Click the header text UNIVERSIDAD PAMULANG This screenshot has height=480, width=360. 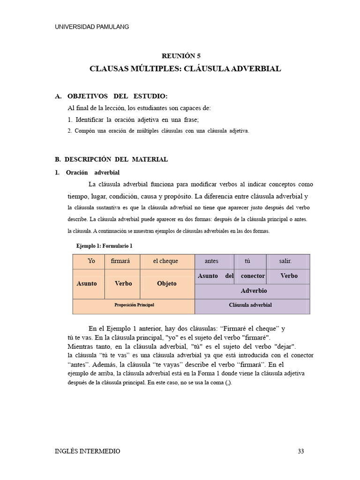(92, 27)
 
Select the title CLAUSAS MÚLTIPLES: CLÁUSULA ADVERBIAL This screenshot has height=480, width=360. (185, 69)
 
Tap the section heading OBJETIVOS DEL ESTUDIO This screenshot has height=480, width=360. (117, 96)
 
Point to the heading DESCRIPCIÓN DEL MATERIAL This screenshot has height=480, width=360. (116, 159)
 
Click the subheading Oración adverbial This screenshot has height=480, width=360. (93, 172)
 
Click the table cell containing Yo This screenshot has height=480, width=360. (91, 261)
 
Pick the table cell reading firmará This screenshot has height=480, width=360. (120, 261)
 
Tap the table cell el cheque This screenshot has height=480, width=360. (165, 261)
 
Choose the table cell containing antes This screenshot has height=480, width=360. (212, 261)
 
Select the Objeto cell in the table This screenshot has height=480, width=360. (167, 284)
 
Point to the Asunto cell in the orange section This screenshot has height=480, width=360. (87, 284)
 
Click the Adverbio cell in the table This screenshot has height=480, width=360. (254, 291)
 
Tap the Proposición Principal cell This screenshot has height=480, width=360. (134, 305)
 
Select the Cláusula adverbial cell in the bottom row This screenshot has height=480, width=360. (250, 305)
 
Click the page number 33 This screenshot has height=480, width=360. (301, 451)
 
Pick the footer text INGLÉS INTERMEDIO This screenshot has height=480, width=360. (88, 451)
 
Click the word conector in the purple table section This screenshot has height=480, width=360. (253, 276)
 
